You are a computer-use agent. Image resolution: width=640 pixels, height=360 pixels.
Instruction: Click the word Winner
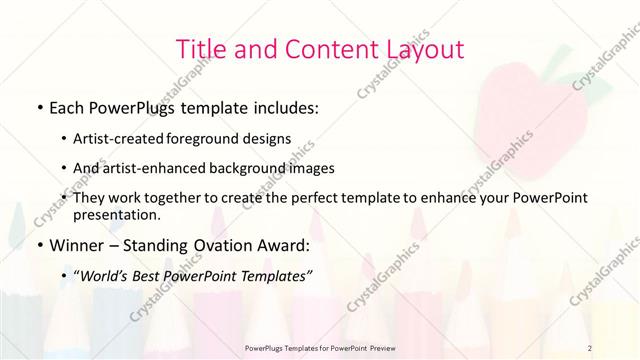point(76,244)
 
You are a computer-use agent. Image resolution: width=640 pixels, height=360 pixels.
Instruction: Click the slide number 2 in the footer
point(590,348)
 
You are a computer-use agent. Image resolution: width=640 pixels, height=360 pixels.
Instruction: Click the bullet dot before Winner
point(38,245)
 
